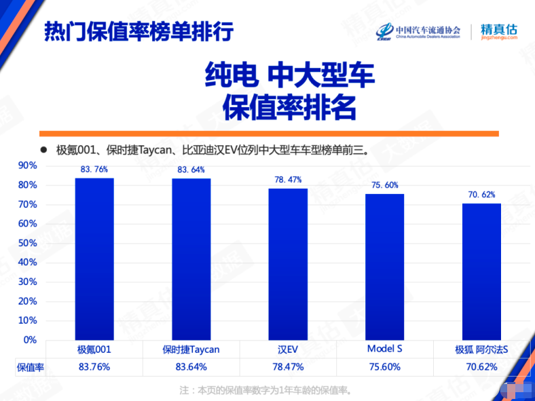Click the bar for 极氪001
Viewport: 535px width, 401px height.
[x=94, y=259]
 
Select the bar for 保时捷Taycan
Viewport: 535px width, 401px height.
[x=191, y=259]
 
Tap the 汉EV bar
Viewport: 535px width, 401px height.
[x=288, y=264]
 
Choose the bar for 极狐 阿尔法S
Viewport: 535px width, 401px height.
[x=481, y=271]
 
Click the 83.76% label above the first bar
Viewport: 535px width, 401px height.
[x=94, y=170]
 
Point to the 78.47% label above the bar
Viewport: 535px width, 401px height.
[x=288, y=180]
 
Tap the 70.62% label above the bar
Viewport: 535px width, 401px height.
[x=481, y=195]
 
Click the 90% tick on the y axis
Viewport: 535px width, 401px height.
[x=27, y=166]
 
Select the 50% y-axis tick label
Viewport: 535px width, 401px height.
[x=27, y=243]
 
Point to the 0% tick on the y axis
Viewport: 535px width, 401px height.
[x=30, y=339]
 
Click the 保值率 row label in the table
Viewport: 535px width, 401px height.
[x=30, y=367]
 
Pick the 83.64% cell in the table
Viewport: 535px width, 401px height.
[x=191, y=367]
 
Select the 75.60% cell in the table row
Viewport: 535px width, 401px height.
[x=384, y=367]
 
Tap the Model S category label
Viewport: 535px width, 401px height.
[x=384, y=349]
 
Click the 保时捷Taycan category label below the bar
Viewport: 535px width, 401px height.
[x=191, y=349]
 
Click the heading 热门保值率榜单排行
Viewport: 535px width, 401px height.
[x=139, y=31]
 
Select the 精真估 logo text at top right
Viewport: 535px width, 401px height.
[x=498, y=31]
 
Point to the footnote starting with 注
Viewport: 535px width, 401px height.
[x=268, y=390]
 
